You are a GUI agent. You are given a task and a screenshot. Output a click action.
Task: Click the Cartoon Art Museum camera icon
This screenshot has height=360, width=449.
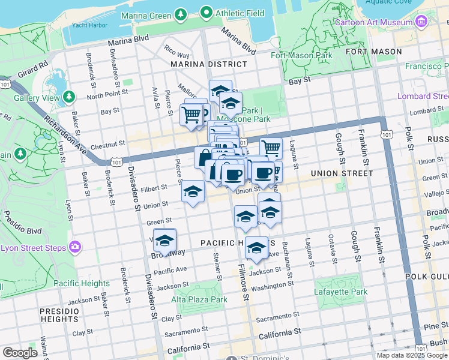point(421,22)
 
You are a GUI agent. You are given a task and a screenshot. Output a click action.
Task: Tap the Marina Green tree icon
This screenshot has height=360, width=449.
point(180,13)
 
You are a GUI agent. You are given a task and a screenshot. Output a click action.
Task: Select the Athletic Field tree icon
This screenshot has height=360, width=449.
point(206,12)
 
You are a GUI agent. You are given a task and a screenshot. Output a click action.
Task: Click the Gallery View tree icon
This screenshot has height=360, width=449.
point(68,97)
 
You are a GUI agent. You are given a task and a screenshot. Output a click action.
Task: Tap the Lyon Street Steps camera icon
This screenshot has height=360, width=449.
point(75,247)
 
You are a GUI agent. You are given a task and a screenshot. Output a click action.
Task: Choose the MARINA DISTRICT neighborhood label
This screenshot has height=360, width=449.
point(208,64)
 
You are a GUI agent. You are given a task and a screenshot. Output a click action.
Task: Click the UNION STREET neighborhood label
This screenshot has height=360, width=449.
point(342,173)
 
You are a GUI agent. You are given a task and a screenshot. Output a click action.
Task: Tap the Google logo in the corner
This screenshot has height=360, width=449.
point(20,353)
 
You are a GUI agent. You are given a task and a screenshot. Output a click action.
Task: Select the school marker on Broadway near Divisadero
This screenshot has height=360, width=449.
point(164,241)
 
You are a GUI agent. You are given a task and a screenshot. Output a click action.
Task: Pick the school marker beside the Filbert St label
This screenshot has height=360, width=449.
point(193,191)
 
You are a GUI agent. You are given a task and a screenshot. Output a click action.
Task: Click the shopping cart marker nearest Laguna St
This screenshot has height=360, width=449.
point(271,147)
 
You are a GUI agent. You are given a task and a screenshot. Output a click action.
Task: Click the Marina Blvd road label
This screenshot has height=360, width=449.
point(128,42)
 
